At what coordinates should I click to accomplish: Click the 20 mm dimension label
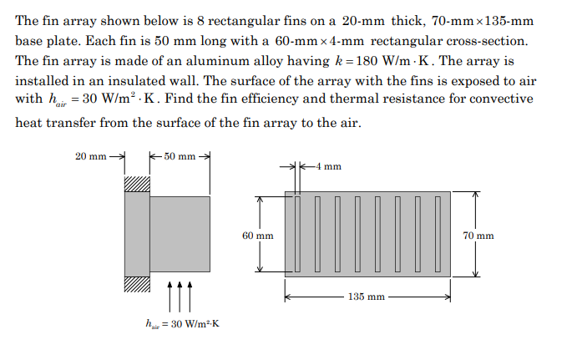90,156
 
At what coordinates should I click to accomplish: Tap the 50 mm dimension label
179,156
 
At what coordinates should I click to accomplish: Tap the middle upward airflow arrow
180,293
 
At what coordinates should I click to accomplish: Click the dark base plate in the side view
137,233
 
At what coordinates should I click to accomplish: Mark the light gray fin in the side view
180,234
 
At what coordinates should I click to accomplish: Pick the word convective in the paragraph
499,100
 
